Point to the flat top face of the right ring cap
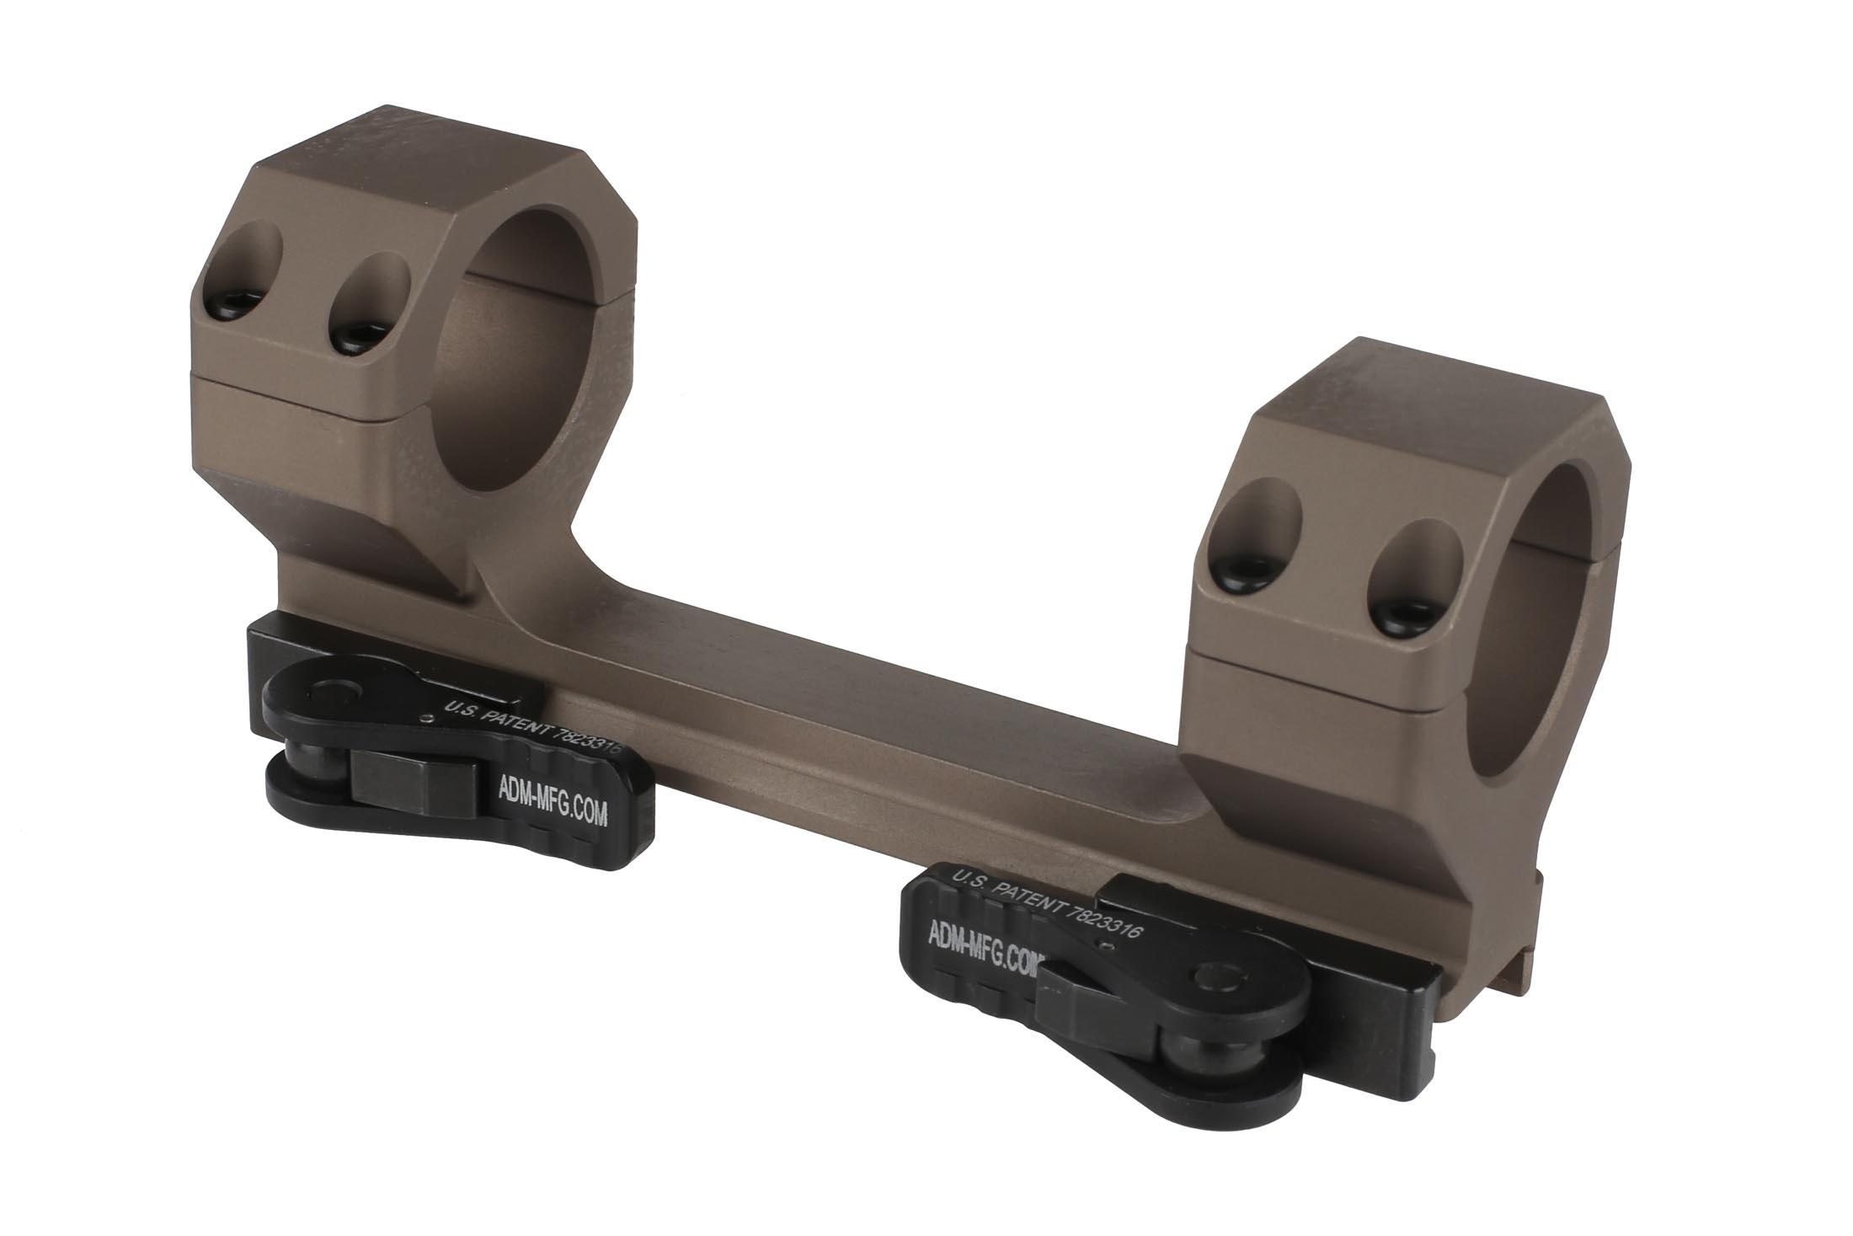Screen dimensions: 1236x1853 click(1423, 404)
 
